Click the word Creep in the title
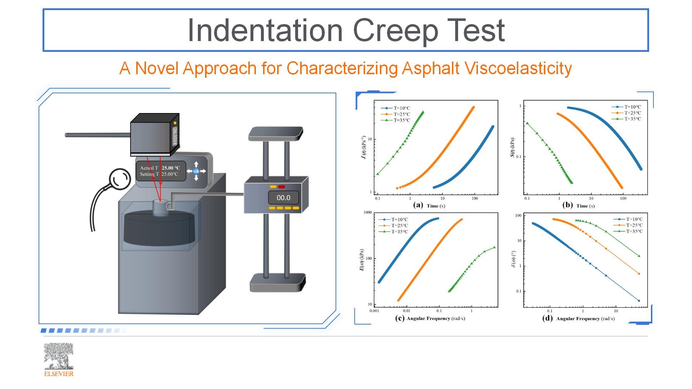point(395,31)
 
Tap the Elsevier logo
point(58,359)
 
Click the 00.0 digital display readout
point(283,197)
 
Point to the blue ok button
point(196,171)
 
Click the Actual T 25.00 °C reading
point(160,168)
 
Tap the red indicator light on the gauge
point(281,187)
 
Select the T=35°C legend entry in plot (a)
point(395,120)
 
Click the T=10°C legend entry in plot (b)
point(626,107)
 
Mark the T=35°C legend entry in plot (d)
point(628,231)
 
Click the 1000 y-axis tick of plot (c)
point(367,213)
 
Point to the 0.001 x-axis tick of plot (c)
point(374,311)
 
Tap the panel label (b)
point(567,205)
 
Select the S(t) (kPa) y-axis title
point(512,148)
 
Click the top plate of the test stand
point(276,133)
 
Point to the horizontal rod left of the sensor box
point(98,135)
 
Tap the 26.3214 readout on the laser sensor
point(175,136)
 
